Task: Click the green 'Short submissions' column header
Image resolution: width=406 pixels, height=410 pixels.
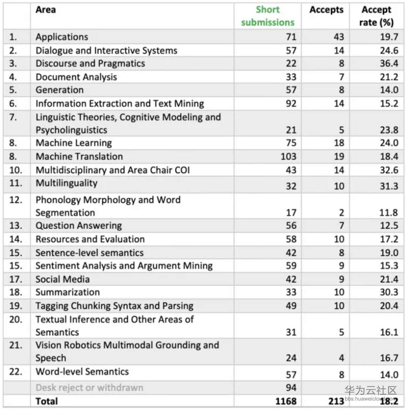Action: pyautogui.click(x=268, y=16)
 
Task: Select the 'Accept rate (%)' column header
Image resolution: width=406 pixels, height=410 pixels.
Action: pyautogui.click(x=376, y=16)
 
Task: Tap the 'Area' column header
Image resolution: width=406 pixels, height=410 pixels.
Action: pyautogui.click(x=46, y=10)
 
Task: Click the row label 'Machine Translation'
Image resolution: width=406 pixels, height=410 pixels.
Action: pyautogui.click(x=79, y=157)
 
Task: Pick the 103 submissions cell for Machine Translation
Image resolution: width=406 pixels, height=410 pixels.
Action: pyautogui.click(x=288, y=157)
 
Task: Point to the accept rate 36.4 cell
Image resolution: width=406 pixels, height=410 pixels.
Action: pyautogui.click(x=389, y=64)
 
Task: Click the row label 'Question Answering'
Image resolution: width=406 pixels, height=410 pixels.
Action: pyautogui.click(x=79, y=226)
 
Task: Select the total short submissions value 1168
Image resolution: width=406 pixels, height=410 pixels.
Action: pyautogui.click(x=286, y=401)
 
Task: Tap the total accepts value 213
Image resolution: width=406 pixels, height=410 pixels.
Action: pyautogui.click(x=336, y=401)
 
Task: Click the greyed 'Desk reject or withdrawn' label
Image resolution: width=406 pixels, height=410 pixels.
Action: pyautogui.click(x=90, y=387)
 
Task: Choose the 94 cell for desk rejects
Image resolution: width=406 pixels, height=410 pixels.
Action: pyautogui.click(x=291, y=387)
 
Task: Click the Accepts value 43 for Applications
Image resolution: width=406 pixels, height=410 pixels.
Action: pyautogui.click(x=339, y=37)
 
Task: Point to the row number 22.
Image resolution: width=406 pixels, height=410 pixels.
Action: pyautogui.click(x=16, y=371)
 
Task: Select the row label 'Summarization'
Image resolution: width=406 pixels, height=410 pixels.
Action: pyautogui.click(x=68, y=292)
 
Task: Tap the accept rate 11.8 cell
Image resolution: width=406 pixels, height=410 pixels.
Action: pyautogui.click(x=389, y=213)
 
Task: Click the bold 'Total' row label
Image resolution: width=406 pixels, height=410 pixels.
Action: pyautogui.click(x=47, y=401)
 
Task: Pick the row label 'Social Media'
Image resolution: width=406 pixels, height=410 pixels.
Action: pyautogui.click(x=63, y=279)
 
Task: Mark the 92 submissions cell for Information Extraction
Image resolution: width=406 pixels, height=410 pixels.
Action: pyautogui.click(x=291, y=103)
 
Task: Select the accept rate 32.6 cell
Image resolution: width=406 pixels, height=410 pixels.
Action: pyautogui.click(x=389, y=170)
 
